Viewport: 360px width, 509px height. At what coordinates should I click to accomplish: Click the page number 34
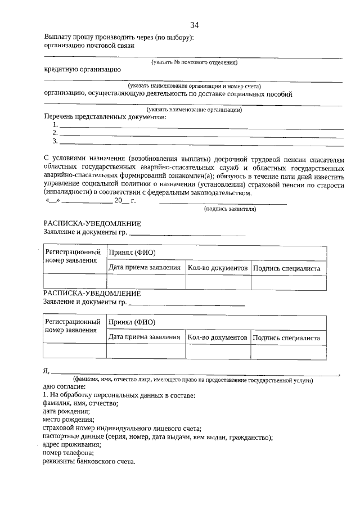pos(194,25)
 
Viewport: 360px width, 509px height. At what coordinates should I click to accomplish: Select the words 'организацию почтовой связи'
pos(89,46)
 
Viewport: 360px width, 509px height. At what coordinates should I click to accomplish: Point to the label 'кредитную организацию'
pos(82,70)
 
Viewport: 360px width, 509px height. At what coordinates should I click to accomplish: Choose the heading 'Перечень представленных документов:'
pos(105,117)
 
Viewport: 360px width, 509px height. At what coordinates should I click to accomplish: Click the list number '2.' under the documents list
pos(55,133)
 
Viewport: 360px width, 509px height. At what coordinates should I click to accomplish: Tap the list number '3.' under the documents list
pos(55,141)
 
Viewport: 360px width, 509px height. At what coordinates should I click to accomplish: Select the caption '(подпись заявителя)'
pos(230,209)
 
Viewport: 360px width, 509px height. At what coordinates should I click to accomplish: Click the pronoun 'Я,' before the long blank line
pos(47,371)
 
